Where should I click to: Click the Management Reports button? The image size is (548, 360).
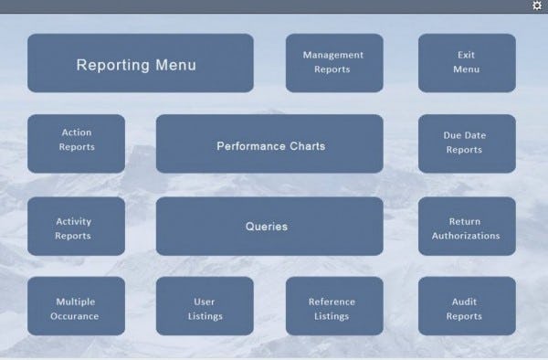[333, 63]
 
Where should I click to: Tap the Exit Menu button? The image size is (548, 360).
[466, 63]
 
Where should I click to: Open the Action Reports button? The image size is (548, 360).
[76, 143]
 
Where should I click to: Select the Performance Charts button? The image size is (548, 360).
[269, 143]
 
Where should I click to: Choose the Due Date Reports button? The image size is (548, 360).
[466, 143]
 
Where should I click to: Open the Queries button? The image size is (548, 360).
[269, 227]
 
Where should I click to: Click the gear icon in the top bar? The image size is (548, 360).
[537, 5]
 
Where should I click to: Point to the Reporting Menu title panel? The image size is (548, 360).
[140, 63]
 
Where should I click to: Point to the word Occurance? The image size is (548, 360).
[76, 317]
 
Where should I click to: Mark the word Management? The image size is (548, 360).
[333, 55]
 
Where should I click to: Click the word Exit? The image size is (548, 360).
[466, 55]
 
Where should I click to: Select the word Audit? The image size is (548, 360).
[464, 302]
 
